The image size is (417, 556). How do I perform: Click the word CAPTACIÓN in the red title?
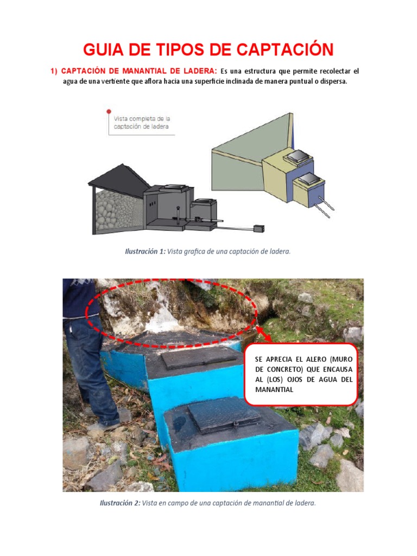[282, 50]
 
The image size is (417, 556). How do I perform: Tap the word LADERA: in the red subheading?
[198, 71]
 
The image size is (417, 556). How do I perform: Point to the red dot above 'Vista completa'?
[109, 111]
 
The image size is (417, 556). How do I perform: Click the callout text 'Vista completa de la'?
[142, 118]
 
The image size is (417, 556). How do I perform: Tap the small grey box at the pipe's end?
[259, 229]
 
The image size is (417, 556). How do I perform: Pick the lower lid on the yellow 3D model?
[308, 179]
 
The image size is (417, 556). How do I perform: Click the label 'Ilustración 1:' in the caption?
[145, 251]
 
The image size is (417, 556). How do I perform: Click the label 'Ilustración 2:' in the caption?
[120, 503]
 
